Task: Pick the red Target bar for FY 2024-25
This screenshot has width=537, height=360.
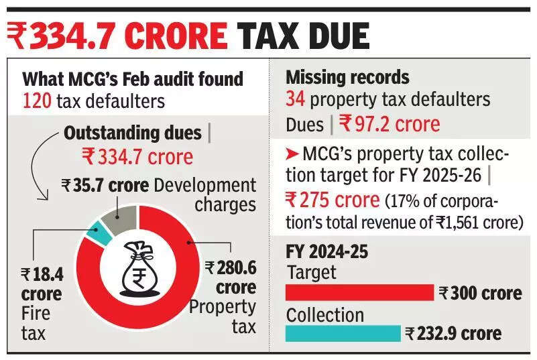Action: click(360, 292)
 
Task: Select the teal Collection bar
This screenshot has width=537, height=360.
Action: click(343, 333)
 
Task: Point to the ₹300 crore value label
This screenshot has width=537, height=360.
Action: click(480, 293)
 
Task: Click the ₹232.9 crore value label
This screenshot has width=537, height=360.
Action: click(453, 333)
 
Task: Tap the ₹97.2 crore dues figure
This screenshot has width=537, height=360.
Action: click(390, 123)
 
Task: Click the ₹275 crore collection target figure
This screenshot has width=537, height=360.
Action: click(326, 200)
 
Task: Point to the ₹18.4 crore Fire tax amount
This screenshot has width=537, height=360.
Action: click(42, 283)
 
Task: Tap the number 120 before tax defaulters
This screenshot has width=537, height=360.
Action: click(36, 101)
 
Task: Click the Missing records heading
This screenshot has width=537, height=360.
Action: click(347, 77)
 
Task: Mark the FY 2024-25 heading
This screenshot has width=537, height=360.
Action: click(327, 252)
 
